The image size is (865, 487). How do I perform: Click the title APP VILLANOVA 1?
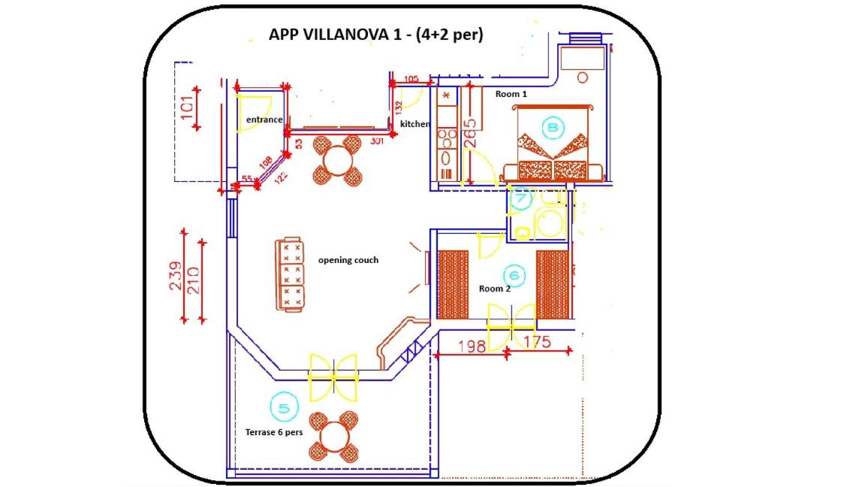(x=375, y=34)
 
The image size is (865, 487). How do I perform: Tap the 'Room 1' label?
(x=511, y=94)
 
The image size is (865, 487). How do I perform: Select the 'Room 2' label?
(x=494, y=289)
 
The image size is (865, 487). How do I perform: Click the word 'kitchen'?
(x=415, y=123)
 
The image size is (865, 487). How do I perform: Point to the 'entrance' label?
(x=264, y=119)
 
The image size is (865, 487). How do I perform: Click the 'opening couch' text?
(x=348, y=260)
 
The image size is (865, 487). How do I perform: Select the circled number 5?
(x=284, y=408)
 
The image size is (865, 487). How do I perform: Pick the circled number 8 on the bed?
(x=553, y=128)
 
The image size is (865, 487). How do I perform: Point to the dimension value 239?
(x=174, y=276)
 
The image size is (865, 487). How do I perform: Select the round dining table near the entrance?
(x=338, y=160)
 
